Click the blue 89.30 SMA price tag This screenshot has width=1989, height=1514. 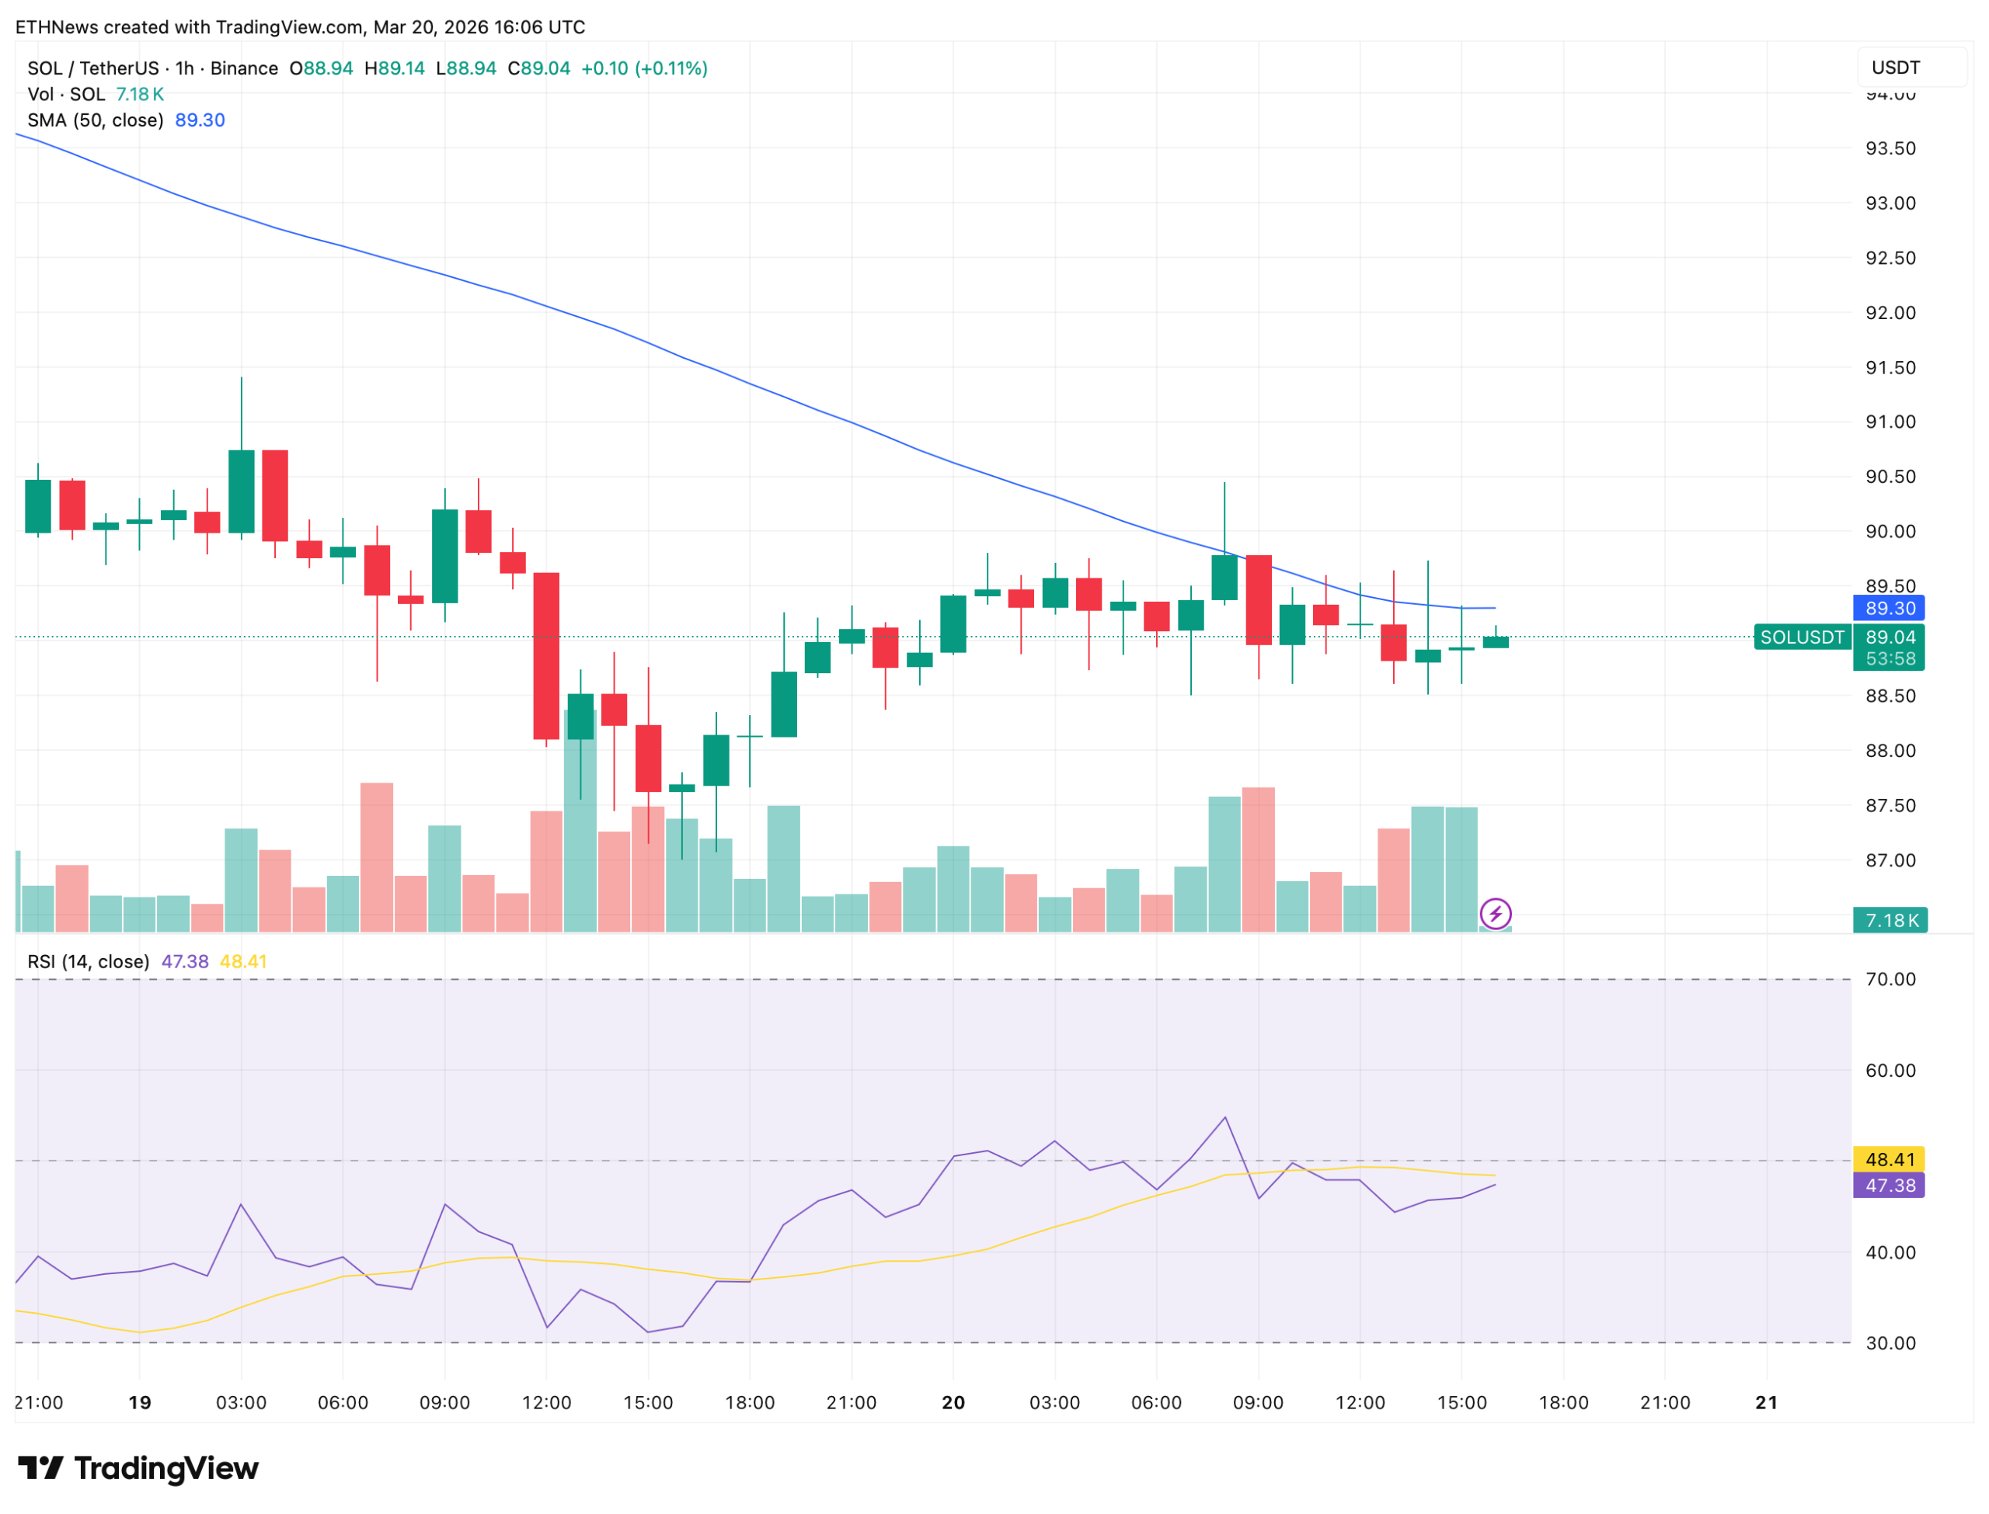pos(1888,608)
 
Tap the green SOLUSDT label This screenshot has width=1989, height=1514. pos(1802,637)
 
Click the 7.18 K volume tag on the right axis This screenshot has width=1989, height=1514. pos(1889,920)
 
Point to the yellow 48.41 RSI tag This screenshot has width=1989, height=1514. pos(1888,1160)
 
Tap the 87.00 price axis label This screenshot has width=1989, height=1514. pos(1890,860)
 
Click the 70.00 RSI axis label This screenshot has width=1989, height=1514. pos(1890,980)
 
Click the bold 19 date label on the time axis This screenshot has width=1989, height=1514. pos(140,1403)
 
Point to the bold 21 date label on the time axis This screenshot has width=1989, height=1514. pos(1766,1403)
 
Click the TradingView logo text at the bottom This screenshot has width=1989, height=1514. pos(166,1469)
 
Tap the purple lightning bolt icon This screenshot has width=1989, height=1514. pos(1496,914)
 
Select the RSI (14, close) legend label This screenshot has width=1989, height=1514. pos(89,961)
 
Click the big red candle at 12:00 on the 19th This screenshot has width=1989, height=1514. pos(546,656)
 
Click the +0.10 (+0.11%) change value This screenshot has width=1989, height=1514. pos(644,68)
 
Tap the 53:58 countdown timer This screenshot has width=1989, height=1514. pos(1890,658)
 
